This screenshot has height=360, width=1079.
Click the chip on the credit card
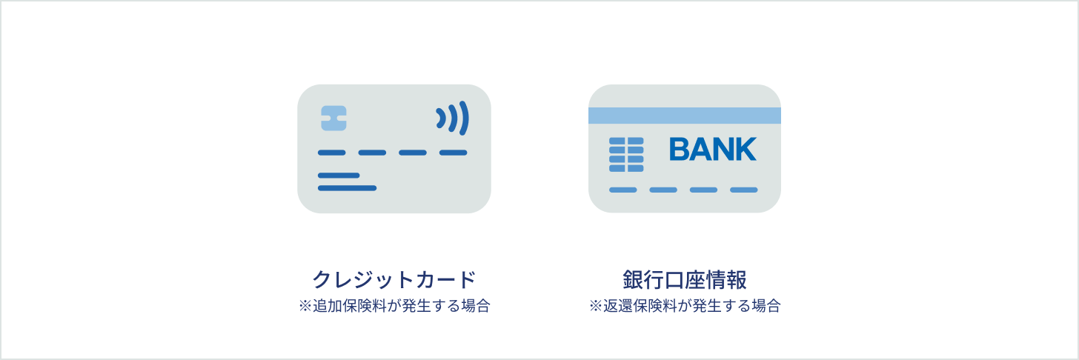pos(333,119)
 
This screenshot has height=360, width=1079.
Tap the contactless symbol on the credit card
pos(452,118)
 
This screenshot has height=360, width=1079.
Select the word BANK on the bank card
pos(713,149)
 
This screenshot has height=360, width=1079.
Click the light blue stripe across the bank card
pos(685,116)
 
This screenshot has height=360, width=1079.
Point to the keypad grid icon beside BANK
pos(626,155)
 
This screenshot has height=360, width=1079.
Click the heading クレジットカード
pos(394,279)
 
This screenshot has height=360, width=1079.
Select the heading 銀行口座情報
pos(685,279)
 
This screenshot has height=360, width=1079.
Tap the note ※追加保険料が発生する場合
pos(394,306)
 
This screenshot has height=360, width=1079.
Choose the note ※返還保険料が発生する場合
pos(685,306)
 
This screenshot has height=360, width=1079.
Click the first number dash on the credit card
pos(331,153)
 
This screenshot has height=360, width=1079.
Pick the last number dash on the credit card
pos(454,153)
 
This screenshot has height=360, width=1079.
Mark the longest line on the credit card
pos(347,188)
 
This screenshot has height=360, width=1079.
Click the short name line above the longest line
pos(339,176)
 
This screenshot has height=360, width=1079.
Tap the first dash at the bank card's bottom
pos(622,190)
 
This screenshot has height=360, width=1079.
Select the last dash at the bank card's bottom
pos(744,190)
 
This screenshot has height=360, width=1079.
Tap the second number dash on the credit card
pos(372,153)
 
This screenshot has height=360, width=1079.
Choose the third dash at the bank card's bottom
pos(703,190)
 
